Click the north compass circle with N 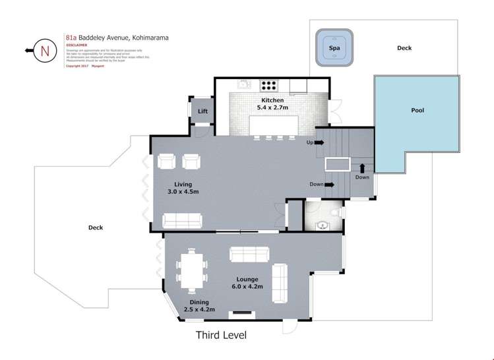[x=44, y=50]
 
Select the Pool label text [x=417, y=111]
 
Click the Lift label [x=202, y=111]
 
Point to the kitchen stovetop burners [x=270, y=84]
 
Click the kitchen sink [x=243, y=84]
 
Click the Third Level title [x=221, y=335]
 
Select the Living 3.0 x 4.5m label [x=183, y=188]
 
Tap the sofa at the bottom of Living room [x=183, y=220]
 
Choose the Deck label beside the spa [x=404, y=48]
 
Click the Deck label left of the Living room [x=96, y=227]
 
